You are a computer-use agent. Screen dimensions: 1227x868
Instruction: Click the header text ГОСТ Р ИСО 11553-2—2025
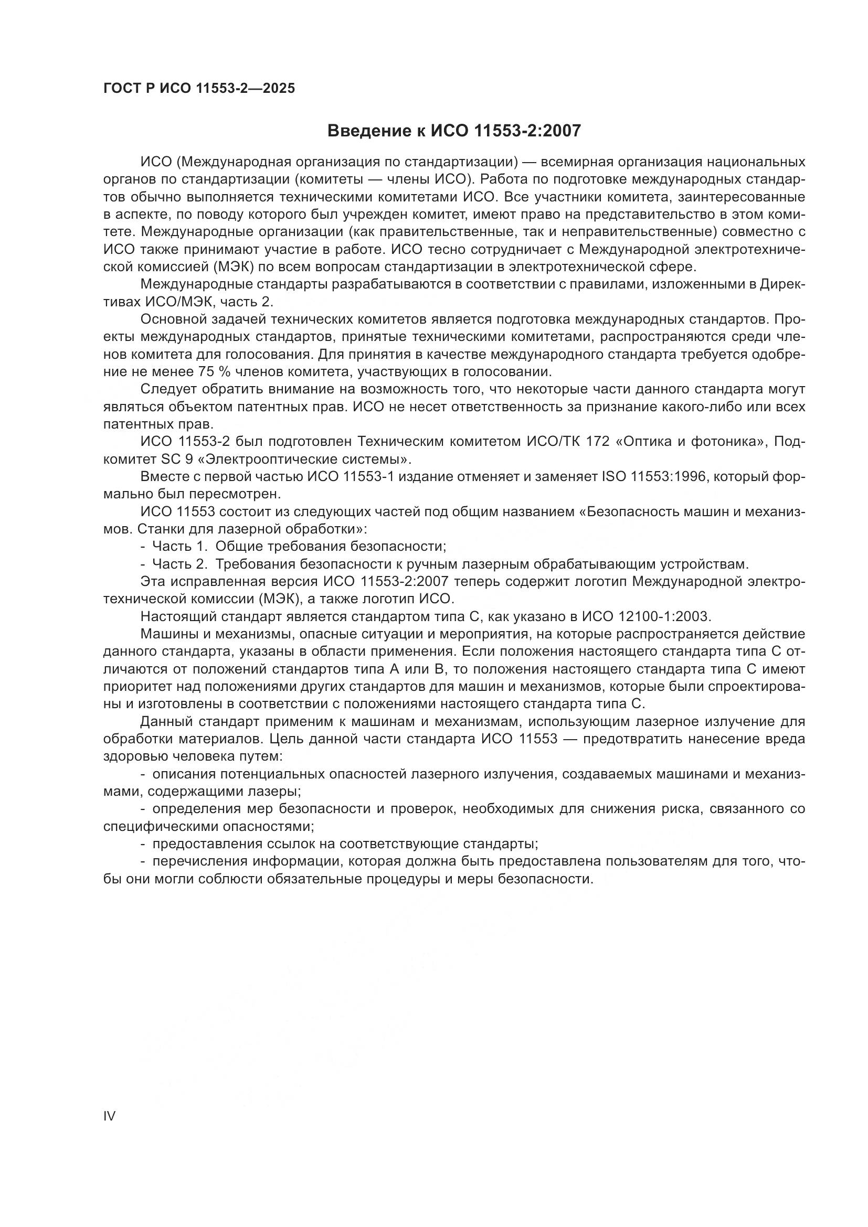click(x=199, y=89)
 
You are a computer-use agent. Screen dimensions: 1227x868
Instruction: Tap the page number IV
click(x=109, y=1116)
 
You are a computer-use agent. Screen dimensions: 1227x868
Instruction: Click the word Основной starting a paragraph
click(x=173, y=319)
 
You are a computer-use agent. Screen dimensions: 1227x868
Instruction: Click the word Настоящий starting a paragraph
click(x=178, y=617)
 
